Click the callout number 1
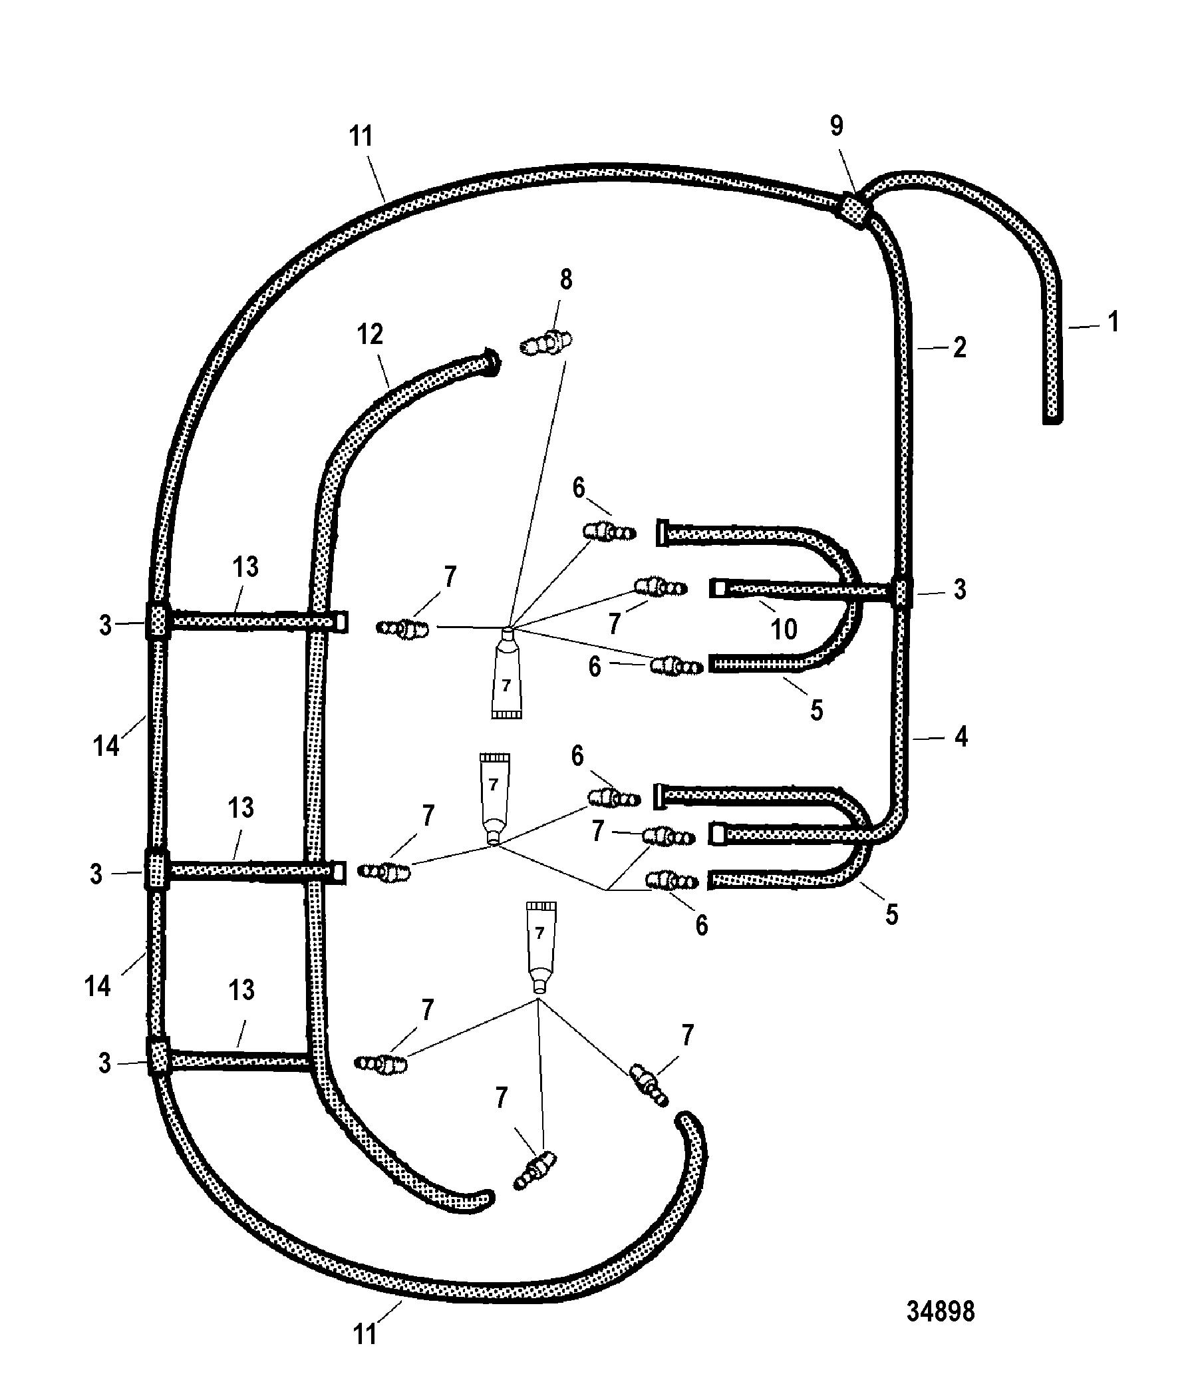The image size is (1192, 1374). pyautogui.click(x=1113, y=322)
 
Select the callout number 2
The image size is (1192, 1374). pyautogui.click(x=959, y=347)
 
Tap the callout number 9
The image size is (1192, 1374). pyautogui.click(x=837, y=126)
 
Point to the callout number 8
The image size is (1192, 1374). pyautogui.click(x=565, y=280)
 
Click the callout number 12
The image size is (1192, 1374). pyautogui.click(x=371, y=334)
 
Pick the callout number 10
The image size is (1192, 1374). pyautogui.click(x=784, y=629)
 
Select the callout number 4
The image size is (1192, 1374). pyautogui.click(x=961, y=736)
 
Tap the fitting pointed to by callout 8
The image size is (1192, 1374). pyautogui.click(x=547, y=343)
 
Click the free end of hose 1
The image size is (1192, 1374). pyautogui.click(x=1052, y=418)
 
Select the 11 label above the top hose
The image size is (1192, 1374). pyautogui.click(x=361, y=136)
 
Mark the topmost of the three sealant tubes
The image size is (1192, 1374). pyautogui.click(x=506, y=672)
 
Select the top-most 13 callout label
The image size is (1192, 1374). pyautogui.click(x=245, y=568)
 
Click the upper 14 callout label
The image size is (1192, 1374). pyautogui.click(x=106, y=746)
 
